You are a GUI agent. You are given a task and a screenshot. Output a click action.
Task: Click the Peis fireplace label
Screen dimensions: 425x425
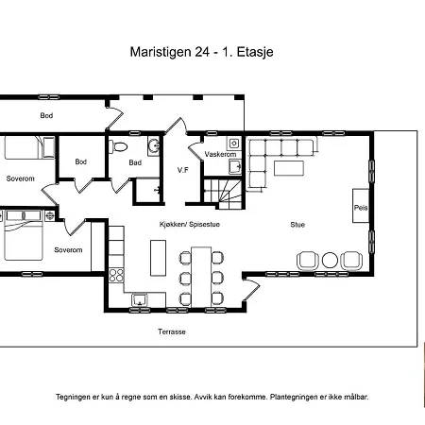click(x=361, y=208)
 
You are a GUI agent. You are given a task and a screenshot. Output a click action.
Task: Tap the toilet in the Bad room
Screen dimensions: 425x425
click(x=118, y=146)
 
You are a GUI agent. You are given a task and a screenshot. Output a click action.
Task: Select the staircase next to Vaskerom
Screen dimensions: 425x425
click(x=223, y=194)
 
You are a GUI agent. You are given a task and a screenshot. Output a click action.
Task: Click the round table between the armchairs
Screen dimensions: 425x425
click(x=330, y=261)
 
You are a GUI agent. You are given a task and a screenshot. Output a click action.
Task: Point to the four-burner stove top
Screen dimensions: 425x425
click(x=116, y=275)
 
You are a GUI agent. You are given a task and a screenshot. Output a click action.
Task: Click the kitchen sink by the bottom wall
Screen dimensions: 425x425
click(x=140, y=299)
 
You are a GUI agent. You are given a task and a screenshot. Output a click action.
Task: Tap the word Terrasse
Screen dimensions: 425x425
click(x=172, y=331)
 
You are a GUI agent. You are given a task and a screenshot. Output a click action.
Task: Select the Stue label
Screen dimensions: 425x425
click(x=297, y=225)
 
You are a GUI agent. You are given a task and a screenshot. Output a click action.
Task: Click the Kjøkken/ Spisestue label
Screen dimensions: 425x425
click(x=190, y=224)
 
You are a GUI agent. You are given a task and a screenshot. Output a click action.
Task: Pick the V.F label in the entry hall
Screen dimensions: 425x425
click(x=183, y=170)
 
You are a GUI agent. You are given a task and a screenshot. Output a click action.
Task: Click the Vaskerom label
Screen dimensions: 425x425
click(x=220, y=154)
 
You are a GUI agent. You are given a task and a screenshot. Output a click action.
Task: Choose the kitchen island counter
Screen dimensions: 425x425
click(x=158, y=258)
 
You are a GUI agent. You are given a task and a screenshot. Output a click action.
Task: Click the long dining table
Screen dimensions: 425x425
click(x=201, y=277)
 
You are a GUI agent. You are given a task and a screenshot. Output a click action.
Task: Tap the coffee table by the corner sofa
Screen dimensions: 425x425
click(x=289, y=168)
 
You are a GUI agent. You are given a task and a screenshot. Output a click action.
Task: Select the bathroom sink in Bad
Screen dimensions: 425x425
click(x=154, y=145)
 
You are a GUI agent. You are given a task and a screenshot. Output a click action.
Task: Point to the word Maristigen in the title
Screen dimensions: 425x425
click(x=161, y=52)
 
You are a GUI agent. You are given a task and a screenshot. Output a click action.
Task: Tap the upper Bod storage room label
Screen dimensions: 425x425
click(x=46, y=115)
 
